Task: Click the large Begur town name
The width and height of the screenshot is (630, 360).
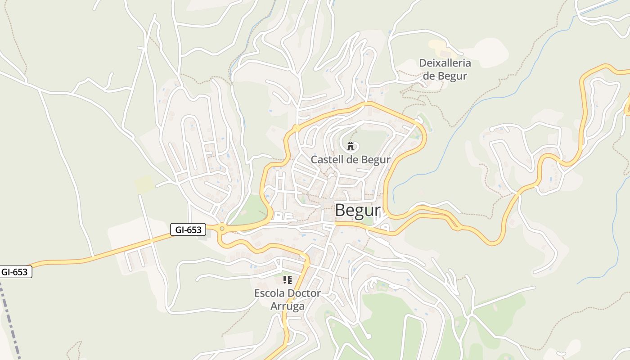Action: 358,211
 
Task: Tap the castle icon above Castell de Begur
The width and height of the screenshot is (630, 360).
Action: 351,146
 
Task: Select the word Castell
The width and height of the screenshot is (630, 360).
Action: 328,160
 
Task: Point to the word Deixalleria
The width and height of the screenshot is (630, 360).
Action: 445,63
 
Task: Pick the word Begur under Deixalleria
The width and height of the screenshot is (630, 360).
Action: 451,76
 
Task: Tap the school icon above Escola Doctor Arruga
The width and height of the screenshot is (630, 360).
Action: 288,280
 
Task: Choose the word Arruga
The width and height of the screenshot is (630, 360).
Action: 288,306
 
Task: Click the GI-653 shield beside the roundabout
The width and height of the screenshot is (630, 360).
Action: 188,230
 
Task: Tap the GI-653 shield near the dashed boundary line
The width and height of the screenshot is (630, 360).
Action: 15,272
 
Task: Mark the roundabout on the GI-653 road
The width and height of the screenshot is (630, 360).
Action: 221,229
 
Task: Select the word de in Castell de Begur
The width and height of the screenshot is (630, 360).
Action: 353,160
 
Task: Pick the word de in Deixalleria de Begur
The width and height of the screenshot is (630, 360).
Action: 428,76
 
